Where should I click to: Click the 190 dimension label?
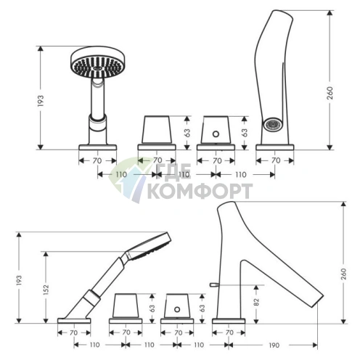(x=274, y=345)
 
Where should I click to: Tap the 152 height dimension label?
(x=46, y=290)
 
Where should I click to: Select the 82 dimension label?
(x=256, y=302)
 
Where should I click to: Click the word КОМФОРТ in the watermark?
(x=200, y=191)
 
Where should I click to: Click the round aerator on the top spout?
(x=273, y=124)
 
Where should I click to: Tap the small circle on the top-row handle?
(x=216, y=134)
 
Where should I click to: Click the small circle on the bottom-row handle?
(x=177, y=309)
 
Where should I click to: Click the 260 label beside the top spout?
(x=330, y=93)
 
